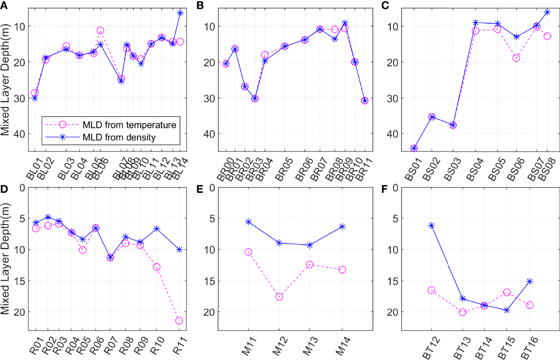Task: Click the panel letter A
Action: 4,5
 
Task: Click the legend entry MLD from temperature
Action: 129,125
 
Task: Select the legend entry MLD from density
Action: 119,138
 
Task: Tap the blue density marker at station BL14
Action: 180,13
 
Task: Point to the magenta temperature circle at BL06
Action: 100,31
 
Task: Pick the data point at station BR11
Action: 365,101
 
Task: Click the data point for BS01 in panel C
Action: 414,148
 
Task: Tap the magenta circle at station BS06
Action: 516,58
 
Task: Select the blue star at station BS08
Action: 547,12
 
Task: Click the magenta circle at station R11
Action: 179,321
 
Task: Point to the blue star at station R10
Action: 157,228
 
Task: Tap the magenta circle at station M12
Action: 279,297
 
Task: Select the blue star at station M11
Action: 248,222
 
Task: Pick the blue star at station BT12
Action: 431,225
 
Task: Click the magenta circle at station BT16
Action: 530,305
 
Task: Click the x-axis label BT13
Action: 462,348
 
